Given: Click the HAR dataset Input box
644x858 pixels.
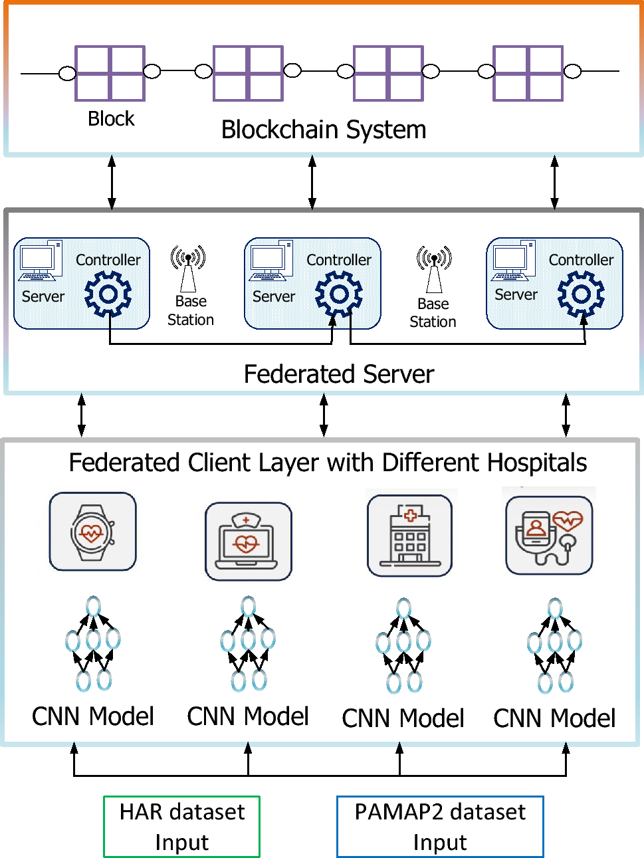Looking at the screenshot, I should point(181,826).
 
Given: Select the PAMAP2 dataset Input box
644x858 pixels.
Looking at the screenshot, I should point(440,826).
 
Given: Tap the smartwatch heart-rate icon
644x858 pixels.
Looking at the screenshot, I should point(92,532).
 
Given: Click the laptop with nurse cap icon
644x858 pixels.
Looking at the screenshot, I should point(248,541).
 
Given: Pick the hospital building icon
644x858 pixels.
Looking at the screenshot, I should point(409,536).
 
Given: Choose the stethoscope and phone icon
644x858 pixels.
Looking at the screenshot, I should point(549,536).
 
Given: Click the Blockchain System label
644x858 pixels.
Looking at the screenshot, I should point(324,130).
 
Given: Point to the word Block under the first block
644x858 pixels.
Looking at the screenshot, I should point(111,119).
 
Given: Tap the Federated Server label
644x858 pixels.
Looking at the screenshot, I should point(338,374).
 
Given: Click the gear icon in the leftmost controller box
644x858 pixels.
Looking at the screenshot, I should point(108,294).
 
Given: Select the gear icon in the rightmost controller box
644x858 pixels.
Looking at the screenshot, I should point(581,294).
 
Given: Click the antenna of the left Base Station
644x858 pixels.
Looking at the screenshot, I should point(188,268).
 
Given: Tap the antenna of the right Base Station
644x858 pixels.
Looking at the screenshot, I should point(434,269).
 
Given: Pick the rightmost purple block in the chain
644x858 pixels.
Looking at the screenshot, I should point(528,73).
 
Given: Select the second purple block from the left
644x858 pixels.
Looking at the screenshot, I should point(248,73).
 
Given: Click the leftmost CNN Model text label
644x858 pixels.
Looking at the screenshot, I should point(93,716).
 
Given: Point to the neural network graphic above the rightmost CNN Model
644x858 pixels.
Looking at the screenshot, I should point(554,645).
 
